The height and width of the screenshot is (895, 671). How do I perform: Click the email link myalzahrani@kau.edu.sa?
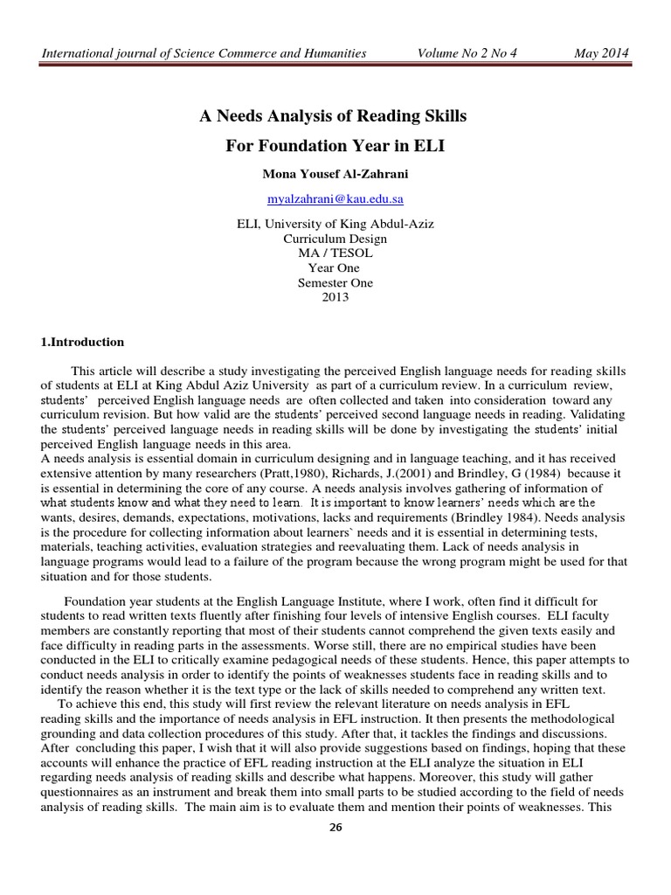(334, 199)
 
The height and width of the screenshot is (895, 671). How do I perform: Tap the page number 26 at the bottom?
(335, 875)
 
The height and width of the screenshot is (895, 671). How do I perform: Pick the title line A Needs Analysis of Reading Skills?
(335, 116)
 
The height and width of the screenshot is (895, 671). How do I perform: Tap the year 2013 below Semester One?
(335, 297)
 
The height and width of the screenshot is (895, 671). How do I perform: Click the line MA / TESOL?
(335, 253)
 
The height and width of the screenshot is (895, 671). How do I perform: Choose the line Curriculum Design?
(335, 238)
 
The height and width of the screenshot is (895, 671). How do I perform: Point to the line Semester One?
(335, 282)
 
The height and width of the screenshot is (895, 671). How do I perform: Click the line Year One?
(335, 267)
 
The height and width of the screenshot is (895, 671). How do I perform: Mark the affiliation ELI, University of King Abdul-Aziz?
(335, 223)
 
